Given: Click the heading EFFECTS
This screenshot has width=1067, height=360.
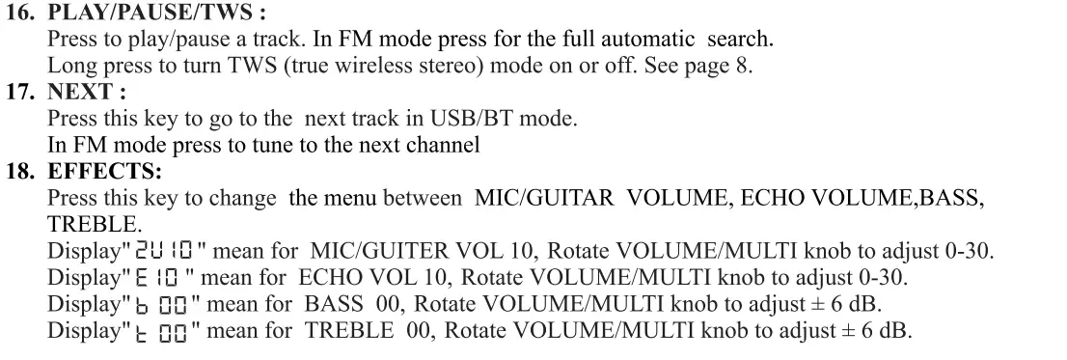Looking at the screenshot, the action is [x=104, y=173].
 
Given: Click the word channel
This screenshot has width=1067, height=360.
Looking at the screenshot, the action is [x=446, y=146].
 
